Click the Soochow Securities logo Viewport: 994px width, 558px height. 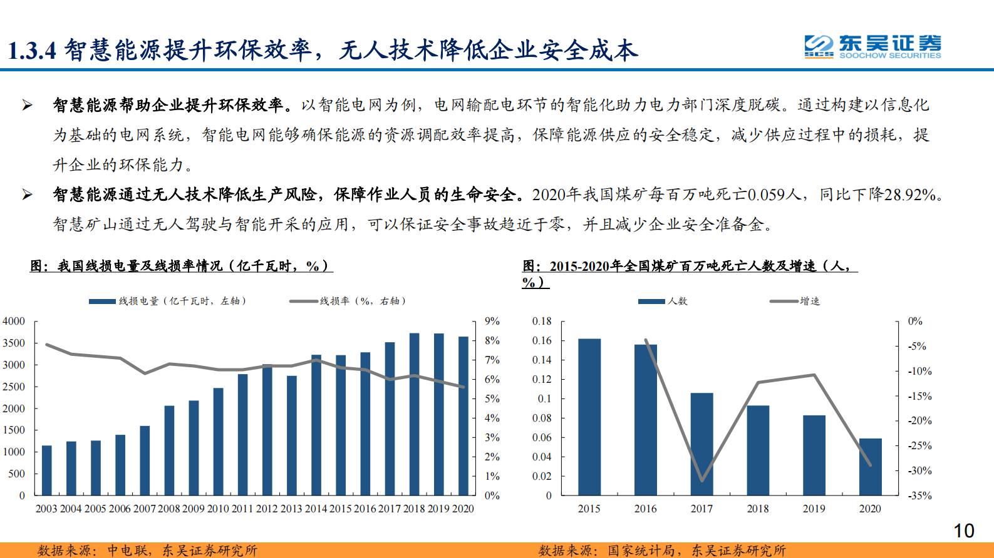[872, 46]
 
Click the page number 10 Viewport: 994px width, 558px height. [963, 531]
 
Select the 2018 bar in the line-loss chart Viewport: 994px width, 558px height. [414, 414]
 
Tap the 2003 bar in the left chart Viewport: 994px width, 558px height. [46, 470]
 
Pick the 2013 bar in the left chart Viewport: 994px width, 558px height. [292, 435]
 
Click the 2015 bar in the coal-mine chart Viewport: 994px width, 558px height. [589, 417]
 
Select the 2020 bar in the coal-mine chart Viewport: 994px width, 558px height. [870, 467]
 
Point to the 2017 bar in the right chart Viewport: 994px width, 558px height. [701, 444]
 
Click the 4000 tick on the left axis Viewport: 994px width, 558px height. [14, 322]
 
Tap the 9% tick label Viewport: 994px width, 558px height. [492, 322]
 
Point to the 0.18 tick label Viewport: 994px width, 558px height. [542, 322]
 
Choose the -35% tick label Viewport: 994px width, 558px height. [920, 495]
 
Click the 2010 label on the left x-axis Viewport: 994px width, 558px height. [218, 509]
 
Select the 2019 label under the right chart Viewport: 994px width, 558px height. [814, 509]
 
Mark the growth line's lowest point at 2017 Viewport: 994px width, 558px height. [701, 480]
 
